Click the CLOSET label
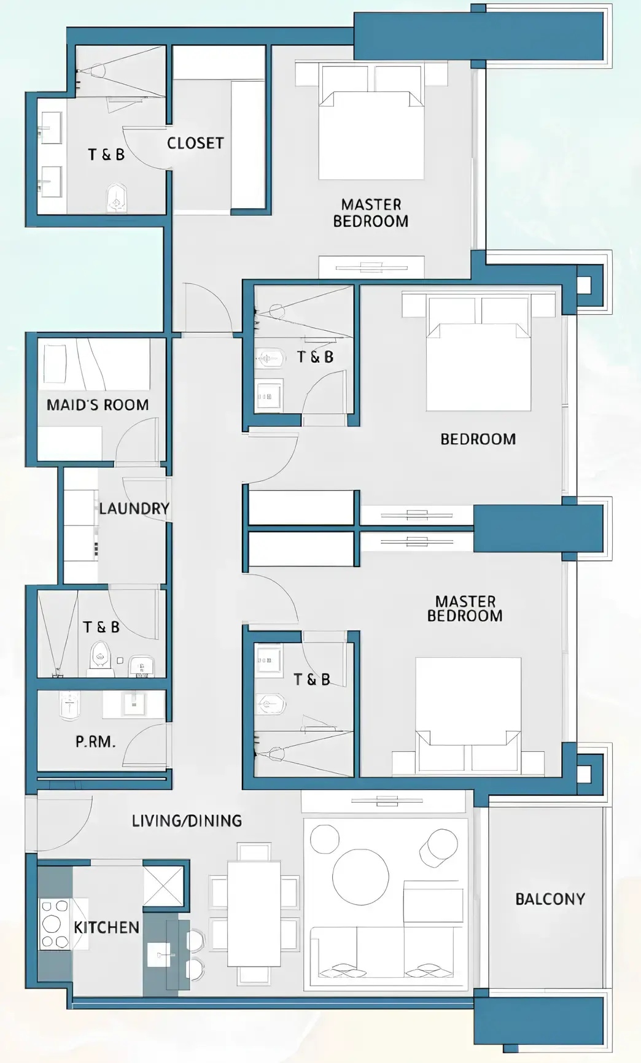pos(195,143)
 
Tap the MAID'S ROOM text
pos(98,405)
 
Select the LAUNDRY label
pos(134,508)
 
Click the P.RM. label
pos(95,741)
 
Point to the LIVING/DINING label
pos(187,821)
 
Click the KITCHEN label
pos(106,927)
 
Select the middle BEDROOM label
pos(478,439)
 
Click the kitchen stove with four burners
pos(54,924)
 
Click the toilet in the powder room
pos(69,706)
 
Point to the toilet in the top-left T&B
pos(117,198)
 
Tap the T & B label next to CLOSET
pos(106,154)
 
